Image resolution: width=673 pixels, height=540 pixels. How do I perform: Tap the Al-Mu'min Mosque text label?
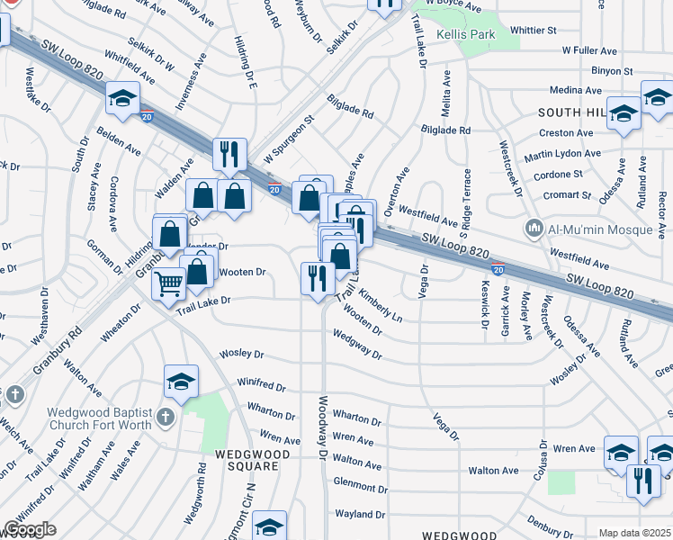pos(600,229)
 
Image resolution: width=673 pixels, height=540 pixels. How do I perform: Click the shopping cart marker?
pos(167,285)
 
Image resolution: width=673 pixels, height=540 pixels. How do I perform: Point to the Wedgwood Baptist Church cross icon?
pos(164,417)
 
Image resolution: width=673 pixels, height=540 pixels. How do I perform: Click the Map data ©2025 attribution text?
pos(634,533)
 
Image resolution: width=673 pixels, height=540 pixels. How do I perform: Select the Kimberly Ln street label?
pos(381,305)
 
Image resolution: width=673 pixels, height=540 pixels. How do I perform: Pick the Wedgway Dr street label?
pos(357,343)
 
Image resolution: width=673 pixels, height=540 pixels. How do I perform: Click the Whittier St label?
pos(534,30)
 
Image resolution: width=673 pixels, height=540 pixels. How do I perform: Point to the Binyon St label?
pos(613,70)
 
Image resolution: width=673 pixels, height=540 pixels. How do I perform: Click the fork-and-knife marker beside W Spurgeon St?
pos(229,154)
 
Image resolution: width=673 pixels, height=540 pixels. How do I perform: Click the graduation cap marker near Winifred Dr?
pos(181,382)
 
